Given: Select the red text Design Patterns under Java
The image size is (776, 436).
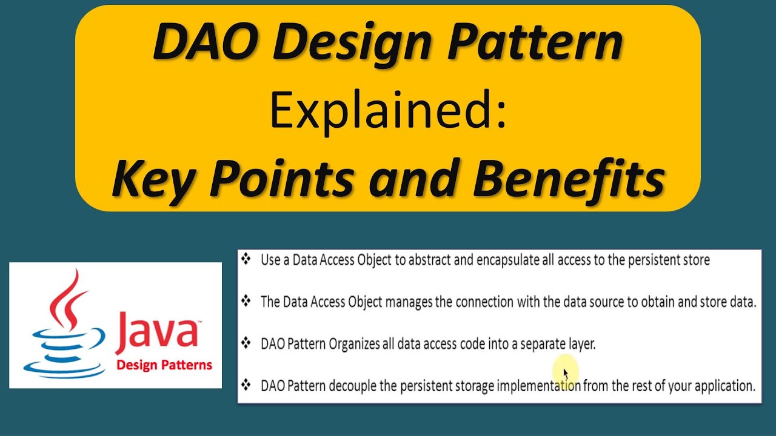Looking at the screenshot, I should [164, 365].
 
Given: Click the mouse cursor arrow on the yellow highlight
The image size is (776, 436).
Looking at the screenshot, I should [566, 373].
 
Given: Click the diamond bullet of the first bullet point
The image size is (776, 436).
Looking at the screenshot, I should [246, 260].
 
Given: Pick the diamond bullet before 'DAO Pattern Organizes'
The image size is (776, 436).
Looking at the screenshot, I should [246, 343].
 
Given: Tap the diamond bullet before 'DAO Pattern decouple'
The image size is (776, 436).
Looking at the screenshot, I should [246, 385].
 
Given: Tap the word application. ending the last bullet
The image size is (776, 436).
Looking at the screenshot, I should [721, 386].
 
